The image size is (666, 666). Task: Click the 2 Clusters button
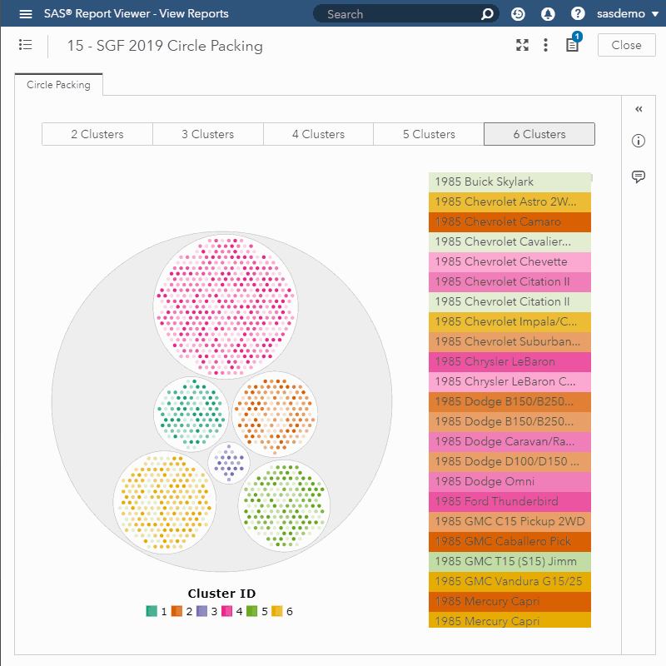(x=97, y=134)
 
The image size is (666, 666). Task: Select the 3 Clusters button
(x=208, y=134)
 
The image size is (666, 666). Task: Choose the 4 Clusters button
(x=318, y=134)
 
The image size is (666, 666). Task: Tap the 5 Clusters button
(x=429, y=134)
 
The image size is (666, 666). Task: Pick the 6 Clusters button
(x=539, y=134)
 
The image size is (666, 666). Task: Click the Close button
(x=626, y=45)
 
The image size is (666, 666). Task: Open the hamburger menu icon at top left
(x=26, y=14)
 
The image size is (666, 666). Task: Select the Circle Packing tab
(x=58, y=85)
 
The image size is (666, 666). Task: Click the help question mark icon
(x=578, y=14)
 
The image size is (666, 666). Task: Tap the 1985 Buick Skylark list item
(x=509, y=182)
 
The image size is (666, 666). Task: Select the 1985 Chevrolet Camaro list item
(x=509, y=222)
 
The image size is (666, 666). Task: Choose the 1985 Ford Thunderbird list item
(x=509, y=502)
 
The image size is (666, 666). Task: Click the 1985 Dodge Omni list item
(x=509, y=482)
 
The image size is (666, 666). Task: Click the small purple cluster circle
(x=229, y=463)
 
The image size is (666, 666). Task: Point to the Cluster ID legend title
(x=221, y=594)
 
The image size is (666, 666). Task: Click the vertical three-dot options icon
(x=545, y=45)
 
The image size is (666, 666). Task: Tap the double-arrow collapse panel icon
(x=639, y=109)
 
